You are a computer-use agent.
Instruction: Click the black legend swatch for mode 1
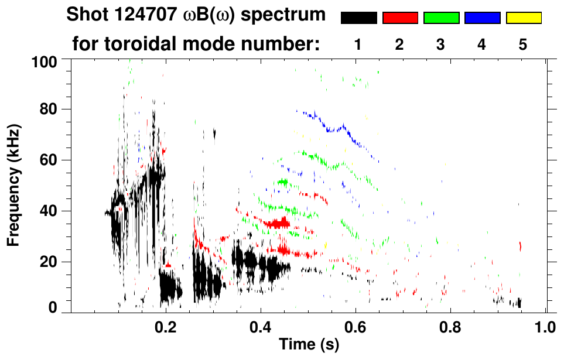[359, 18]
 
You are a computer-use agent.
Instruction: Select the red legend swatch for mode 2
[400, 18]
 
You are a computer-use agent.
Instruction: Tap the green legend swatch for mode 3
[441, 18]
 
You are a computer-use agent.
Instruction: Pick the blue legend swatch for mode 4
[482, 18]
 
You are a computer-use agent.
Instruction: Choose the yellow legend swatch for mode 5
[523, 18]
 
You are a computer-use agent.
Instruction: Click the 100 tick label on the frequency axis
[44, 61]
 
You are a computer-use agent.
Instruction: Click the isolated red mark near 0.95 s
[520, 246]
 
